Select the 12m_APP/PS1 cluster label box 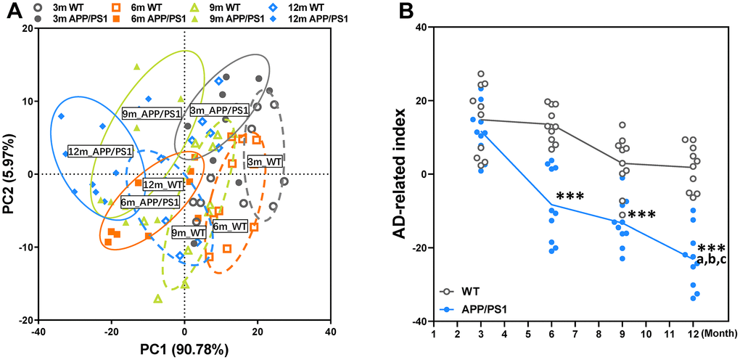[100, 152]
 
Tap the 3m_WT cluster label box [265, 161]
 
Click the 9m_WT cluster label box [189, 233]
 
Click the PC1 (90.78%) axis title [184, 349]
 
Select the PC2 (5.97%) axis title [10, 174]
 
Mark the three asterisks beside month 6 [570, 197]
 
